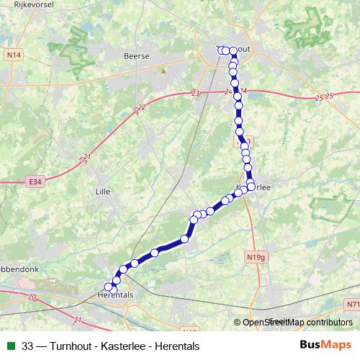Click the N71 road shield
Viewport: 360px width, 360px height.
351,305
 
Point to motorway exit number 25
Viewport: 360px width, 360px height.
329,96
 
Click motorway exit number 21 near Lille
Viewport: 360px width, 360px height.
87,157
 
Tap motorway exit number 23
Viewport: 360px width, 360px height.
195,94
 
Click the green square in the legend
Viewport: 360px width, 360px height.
11,346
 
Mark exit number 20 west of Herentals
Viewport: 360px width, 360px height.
32,296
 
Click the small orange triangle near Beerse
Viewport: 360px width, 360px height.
163,71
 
